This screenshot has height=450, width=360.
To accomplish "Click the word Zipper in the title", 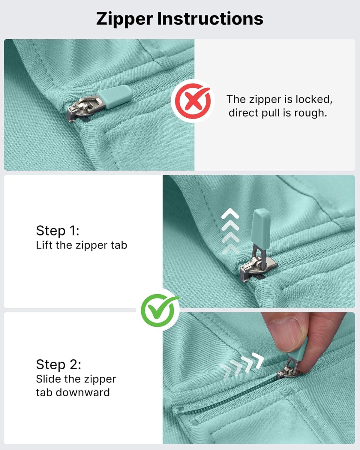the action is pos(124,19).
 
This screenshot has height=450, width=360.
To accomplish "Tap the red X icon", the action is pos(193,101).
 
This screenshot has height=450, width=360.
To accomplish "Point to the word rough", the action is pos(310,113).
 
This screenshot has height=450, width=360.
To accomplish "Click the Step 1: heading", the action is pos(58,231).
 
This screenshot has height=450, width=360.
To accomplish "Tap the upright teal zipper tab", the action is pos(262,227).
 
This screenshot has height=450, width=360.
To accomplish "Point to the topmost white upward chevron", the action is pos(230,214).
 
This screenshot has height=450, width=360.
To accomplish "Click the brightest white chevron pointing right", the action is pos(258,360).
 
